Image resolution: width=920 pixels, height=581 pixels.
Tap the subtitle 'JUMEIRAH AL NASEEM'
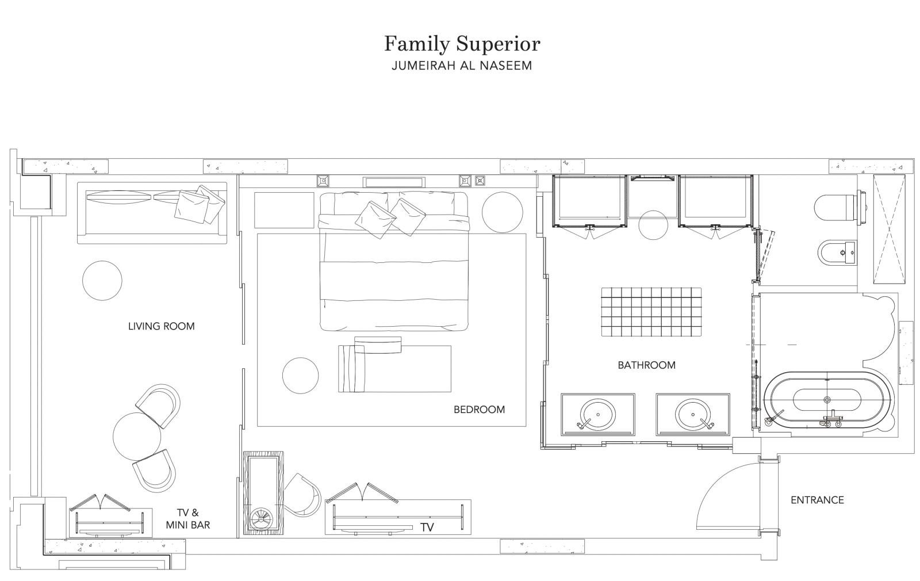[x=462, y=66]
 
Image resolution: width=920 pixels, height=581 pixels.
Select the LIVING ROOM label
[x=162, y=326]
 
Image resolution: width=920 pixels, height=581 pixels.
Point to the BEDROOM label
[x=480, y=410]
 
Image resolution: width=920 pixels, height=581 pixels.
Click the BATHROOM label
[x=646, y=365]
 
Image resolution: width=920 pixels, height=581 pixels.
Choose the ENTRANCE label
[x=817, y=500]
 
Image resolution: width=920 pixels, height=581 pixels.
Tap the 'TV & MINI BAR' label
[x=188, y=518]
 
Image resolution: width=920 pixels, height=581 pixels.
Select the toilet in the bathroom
[x=839, y=209]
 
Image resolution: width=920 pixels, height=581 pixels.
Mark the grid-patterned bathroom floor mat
[x=651, y=312]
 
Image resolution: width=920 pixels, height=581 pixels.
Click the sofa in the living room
[x=152, y=213]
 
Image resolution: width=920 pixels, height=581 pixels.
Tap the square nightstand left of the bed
[x=284, y=210]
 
